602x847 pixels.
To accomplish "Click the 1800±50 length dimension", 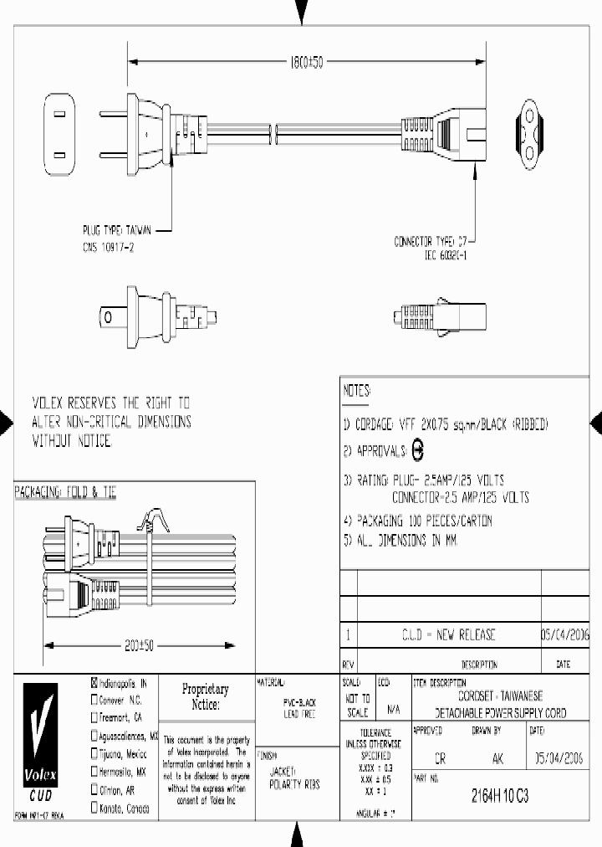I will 305,62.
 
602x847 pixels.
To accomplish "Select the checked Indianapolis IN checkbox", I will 94,682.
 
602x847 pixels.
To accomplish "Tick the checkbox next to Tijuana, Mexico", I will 94,753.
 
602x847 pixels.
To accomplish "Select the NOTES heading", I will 358,391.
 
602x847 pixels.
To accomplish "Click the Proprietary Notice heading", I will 205,696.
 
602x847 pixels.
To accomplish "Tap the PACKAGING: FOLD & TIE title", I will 65,493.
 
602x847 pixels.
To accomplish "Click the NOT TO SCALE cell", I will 357,705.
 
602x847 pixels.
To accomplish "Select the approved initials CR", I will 441,759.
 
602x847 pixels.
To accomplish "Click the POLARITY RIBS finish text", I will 294,784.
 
